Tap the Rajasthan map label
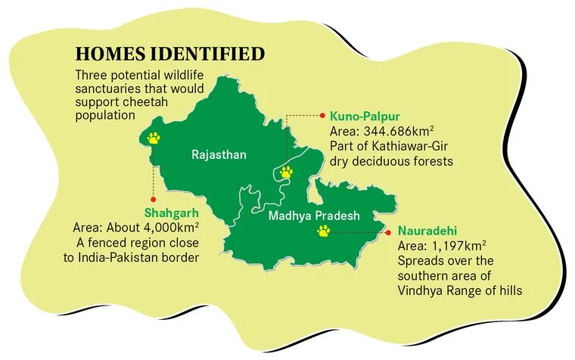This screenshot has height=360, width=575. (219, 155)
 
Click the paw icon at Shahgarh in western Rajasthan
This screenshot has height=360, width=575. (154, 138)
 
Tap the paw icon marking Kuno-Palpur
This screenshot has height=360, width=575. (286, 173)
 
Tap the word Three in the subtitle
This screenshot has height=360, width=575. (91, 76)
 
